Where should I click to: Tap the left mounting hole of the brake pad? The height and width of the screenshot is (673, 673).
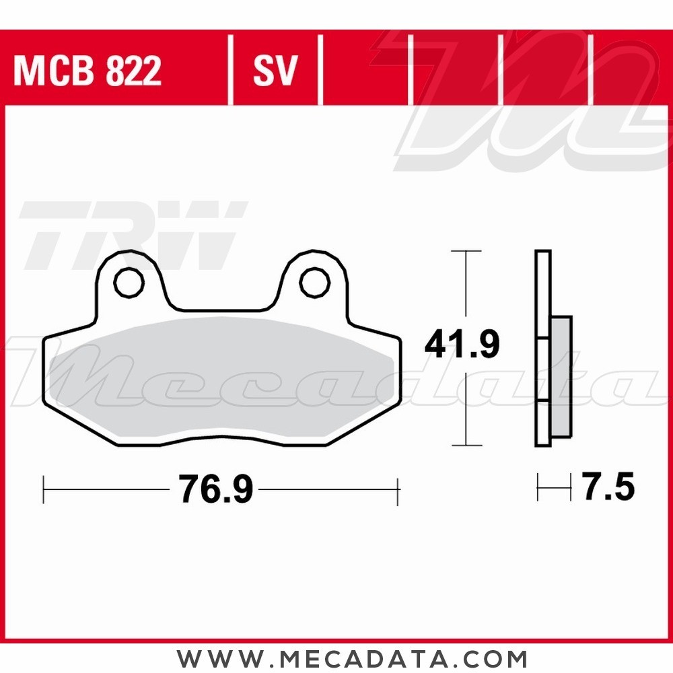click(x=129, y=283)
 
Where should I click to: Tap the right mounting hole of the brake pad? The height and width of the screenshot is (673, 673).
click(x=315, y=283)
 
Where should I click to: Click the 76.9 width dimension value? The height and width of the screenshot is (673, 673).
click(x=215, y=489)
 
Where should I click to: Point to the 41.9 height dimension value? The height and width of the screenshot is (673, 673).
click(x=462, y=345)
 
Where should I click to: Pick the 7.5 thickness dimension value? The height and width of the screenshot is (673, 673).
click(x=608, y=487)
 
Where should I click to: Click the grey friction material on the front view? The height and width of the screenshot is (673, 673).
click(x=222, y=377)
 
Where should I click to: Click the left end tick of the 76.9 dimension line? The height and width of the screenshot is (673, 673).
click(x=44, y=489)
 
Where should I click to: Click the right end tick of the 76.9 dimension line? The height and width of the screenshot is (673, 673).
click(x=398, y=489)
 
